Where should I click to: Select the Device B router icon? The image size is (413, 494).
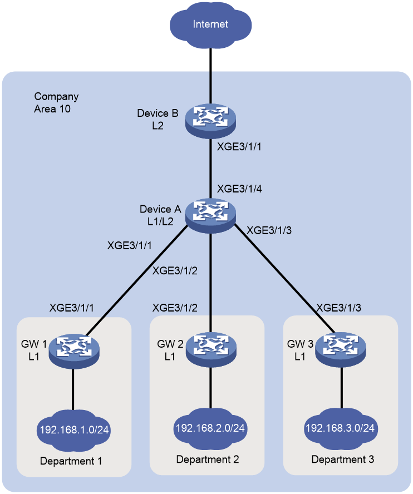click(x=210, y=121)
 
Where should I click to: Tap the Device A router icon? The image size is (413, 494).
click(x=210, y=216)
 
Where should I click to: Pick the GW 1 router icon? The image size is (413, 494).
click(x=74, y=351)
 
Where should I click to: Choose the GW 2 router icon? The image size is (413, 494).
click(x=211, y=350)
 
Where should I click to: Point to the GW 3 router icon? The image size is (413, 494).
click(x=341, y=350)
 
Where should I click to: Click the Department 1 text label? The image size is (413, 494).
click(x=71, y=461)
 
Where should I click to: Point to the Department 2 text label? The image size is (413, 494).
click(x=208, y=460)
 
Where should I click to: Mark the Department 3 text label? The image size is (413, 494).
click(x=343, y=460)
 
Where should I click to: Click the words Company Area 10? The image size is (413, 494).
click(x=56, y=103)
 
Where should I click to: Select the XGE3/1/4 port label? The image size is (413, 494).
click(x=239, y=189)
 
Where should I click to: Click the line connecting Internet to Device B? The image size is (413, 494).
click(x=210, y=76)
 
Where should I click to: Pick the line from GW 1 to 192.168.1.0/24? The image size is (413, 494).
click(x=73, y=389)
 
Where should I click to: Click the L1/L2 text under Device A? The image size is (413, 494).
click(x=160, y=222)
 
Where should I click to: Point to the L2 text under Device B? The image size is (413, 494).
click(x=158, y=126)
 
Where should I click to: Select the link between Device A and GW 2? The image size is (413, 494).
click(x=210, y=283)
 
